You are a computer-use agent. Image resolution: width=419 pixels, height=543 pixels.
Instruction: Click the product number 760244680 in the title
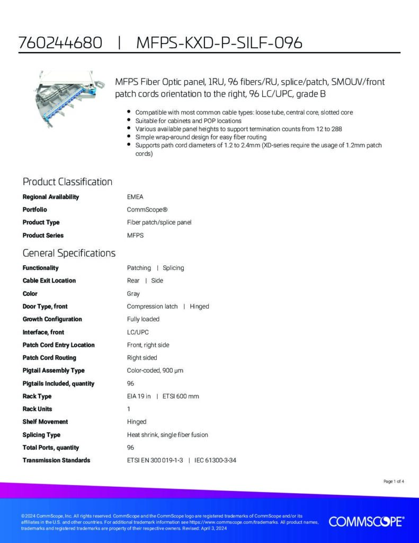[x=60, y=43]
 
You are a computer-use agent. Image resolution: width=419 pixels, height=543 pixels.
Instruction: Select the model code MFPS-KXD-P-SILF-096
[x=219, y=43]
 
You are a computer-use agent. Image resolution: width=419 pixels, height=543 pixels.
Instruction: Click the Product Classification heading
[x=67, y=182]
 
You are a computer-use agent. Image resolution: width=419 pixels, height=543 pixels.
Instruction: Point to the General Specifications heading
[x=69, y=253]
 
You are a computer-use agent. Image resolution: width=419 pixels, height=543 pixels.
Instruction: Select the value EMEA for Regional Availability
[x=135, y=197]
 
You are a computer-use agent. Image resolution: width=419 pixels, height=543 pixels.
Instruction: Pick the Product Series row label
[x=43, y=235]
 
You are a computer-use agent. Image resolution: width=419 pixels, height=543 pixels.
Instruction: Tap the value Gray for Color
[x=133, y=294]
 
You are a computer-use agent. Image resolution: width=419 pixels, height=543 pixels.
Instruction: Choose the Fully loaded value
[x=143, y=319]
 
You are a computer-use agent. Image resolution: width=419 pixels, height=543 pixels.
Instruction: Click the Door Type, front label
[x=45, y=306]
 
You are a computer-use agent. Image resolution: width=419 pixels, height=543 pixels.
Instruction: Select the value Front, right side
[x=148, y=345]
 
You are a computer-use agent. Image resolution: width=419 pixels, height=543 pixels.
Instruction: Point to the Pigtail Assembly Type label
[x=54, y=371]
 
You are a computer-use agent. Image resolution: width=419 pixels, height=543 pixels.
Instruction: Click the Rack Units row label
[x=37, y=409]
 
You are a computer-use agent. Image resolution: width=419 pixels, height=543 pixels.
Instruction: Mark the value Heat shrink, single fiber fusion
[x=167, y=435]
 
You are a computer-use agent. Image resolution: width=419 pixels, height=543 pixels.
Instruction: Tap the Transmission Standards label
[x=56, y=460]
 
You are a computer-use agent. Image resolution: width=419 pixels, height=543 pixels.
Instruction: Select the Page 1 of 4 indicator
[x=394, y=481]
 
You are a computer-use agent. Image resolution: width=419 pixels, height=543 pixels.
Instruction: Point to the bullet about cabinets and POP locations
[x=188, y=121]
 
